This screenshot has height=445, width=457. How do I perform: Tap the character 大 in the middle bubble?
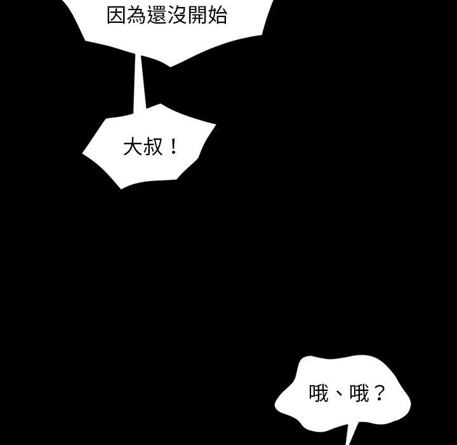point(133,148)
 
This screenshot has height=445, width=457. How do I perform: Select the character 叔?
point(153,148)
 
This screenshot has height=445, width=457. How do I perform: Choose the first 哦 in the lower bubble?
point(319,394)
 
